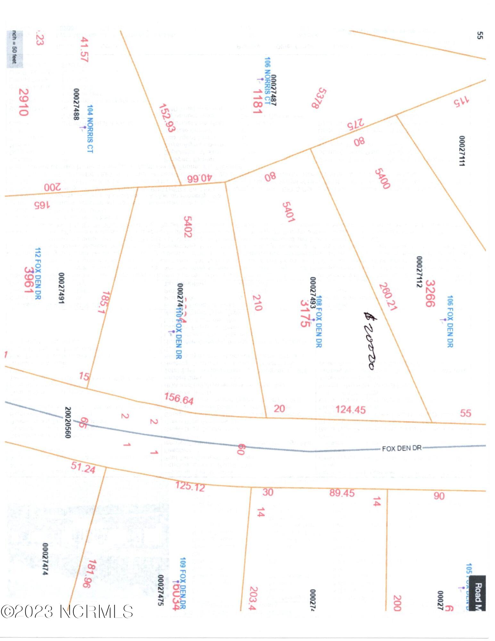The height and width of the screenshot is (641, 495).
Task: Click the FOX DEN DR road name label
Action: coord(401,448)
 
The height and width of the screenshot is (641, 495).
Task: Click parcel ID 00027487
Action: coord(274,90)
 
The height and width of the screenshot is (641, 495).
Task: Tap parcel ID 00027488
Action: coord(76,104)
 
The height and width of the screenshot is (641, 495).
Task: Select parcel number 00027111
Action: coord(462,151)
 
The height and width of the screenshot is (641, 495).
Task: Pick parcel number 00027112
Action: coord(419,271)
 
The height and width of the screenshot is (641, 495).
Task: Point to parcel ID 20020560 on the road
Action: coord(68,422)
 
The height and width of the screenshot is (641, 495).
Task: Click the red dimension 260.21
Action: coord(388,296)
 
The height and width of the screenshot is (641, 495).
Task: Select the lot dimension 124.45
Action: coord(351,409)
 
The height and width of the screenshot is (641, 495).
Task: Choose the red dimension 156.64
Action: coord(179,398)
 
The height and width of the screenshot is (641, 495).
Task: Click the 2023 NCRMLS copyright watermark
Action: coord(67,612)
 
